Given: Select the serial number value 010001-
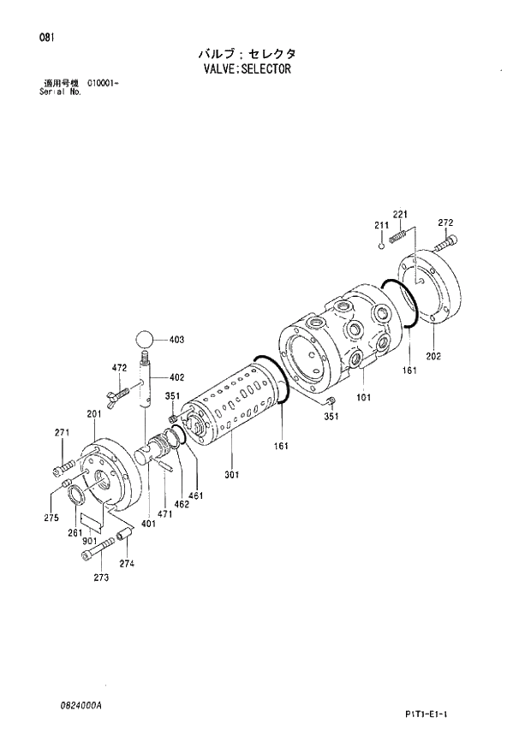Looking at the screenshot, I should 102,83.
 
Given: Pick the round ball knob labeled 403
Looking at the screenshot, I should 146,340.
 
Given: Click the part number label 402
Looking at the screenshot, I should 177,377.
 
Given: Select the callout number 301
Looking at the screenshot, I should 231,475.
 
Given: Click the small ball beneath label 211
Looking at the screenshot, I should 383,246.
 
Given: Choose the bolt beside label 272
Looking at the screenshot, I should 445,244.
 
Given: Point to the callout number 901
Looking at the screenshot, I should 87,542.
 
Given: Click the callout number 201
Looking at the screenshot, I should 93,414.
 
